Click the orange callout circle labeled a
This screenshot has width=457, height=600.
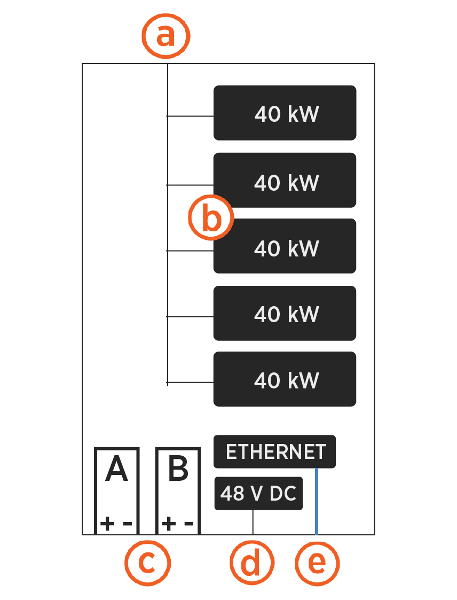[x=166, y=37]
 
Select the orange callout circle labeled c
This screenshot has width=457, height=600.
[x=147, y=563]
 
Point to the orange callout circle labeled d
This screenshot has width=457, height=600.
[x=252, y=563]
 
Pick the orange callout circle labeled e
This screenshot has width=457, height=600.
[x=317, y=563]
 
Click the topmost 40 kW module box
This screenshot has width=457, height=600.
[x=285, y=113]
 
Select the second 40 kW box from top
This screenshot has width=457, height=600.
[x=285, y=181]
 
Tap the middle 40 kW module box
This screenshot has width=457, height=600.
[x=285, y=246]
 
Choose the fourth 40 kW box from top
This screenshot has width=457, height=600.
[x=285, y=313]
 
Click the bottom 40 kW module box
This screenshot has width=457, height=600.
[x=285, y=379]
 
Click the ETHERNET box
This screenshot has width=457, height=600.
[x=274, y=451]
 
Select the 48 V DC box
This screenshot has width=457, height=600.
[x=258, y=493]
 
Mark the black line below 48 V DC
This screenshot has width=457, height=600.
[x=253, y=522]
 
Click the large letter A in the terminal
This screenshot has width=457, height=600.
[x=116, y=470]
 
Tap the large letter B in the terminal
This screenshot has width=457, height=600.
[x=178, y=470]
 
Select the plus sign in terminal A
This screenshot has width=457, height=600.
[x=107, y=524]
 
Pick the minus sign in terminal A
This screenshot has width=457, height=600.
[x=127, y=524]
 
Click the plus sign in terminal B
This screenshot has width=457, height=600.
[x=168, y=524]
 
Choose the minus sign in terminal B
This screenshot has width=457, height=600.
[x=188, y=524]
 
